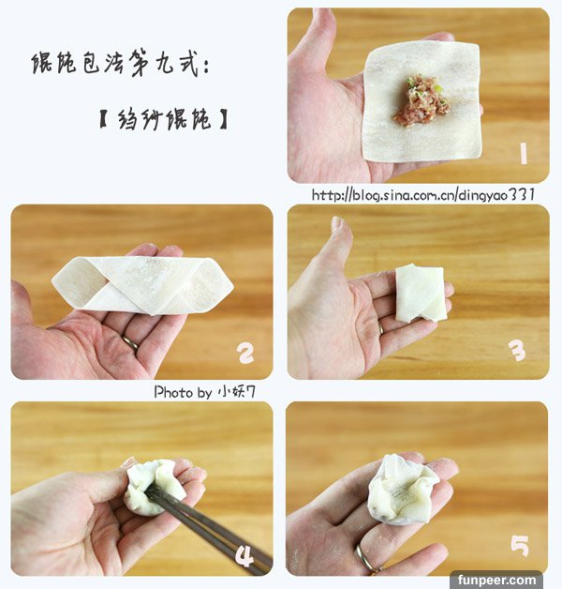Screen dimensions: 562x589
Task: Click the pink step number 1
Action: [x=524, y=153]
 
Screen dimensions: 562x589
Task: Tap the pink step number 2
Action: [x=245, y=354]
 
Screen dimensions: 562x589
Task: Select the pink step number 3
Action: [x=519, y=351]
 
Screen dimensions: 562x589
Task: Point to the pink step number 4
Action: [x=245, y=555]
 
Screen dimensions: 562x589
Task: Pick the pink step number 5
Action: [x=520, y=546]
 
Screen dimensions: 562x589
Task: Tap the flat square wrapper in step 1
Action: [x=421, y=101]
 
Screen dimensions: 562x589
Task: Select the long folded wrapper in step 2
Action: [x=142, y=285]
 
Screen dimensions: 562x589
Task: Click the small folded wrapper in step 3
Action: [x=421, y=293]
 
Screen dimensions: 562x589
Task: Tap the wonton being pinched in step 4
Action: [x=154, y=487]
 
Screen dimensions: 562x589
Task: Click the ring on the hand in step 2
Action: [x=130, y=342]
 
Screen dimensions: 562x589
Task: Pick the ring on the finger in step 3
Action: [x=381, y=327]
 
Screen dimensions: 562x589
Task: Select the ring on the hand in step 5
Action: [x=364, y=560]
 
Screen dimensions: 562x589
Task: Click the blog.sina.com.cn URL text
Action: [x=423, y=195]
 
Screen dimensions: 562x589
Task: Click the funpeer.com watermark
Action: [x=496, y=580]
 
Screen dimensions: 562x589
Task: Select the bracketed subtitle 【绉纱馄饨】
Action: [x=164, y=119]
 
